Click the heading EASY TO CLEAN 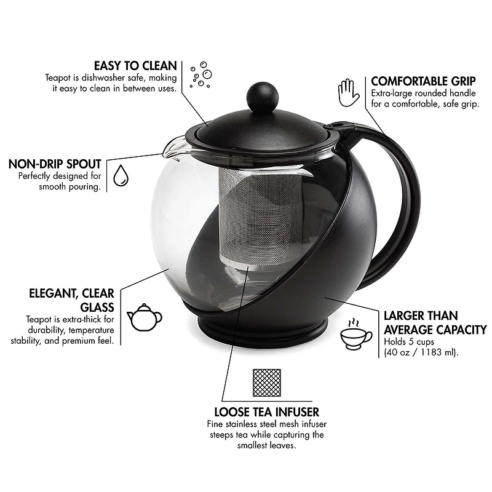[x=135, y=65]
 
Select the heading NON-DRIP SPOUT [x=55, y=164]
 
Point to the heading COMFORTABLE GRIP [x=424, y=81]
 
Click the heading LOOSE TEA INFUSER [x=266, y=411]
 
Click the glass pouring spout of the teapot [x=173, y=146]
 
